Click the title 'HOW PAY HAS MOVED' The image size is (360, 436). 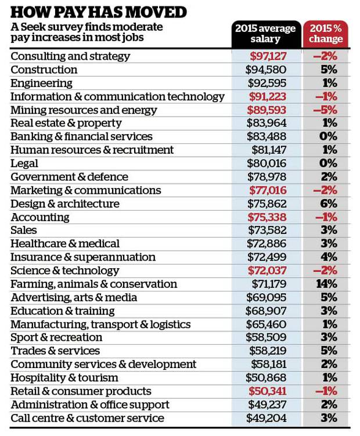tap(99, 12)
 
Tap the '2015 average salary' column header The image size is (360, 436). tap(266, 33)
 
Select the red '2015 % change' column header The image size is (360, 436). tap(326, 33)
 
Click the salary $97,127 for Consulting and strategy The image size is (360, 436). tap(268, 56)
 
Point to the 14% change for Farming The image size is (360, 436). tap(327, 284)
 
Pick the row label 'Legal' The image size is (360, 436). tap(24, 164)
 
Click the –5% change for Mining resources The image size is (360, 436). tap(325, 110)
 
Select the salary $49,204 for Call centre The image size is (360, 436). tap(267, 418)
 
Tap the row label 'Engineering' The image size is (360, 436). tap(41, 84)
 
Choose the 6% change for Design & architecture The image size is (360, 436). tap(329, 204)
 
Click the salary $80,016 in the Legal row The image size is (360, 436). tap(267, 164)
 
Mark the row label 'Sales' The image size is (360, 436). tap(24, 230)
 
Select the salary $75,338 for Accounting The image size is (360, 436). tap(267, 217)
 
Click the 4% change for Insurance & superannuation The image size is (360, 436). tap(329, 257)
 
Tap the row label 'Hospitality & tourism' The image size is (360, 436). tap(64, 378)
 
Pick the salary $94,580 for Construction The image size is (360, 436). tap(266, 70)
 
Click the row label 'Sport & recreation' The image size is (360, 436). tap(56, 337)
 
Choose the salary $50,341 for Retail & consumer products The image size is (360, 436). tap(267, 391)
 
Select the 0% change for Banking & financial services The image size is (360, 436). tap(328, 136)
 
